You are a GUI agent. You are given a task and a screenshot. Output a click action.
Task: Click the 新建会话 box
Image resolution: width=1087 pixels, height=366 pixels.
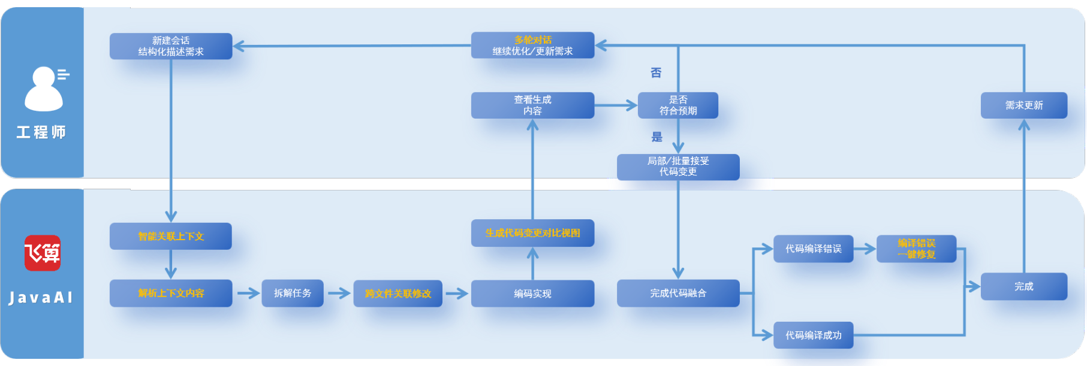pos(171,46)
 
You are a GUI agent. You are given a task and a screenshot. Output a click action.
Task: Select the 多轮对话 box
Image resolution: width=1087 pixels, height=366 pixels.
pos(532,46)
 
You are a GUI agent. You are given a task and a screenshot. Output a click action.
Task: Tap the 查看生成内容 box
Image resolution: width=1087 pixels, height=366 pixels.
pos(532,105)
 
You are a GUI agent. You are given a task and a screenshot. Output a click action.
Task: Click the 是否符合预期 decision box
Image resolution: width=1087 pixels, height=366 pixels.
pos(678,105)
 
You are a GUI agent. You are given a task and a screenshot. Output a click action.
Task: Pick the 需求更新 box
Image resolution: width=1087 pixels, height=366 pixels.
pos(1024,105)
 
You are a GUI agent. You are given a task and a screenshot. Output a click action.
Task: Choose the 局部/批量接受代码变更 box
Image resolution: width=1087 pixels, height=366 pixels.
pos(678,167)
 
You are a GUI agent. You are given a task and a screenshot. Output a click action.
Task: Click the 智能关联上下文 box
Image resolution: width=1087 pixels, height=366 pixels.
pos(171,236)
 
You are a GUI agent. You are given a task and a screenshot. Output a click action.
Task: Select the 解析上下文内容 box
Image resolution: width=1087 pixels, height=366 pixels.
pos(171,294)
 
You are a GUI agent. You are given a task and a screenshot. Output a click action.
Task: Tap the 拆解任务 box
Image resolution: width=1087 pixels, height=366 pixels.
pos(293,294)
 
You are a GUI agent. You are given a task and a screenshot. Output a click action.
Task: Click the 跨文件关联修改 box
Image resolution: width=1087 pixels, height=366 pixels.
pos(398,294)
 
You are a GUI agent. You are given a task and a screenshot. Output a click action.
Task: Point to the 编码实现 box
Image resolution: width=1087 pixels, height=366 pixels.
pos(532,294)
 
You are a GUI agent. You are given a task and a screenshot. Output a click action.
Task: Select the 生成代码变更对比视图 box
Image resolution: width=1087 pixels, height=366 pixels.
pos(532,233)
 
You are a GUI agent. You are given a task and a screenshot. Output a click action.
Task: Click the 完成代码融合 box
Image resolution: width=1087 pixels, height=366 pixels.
pos(678,294)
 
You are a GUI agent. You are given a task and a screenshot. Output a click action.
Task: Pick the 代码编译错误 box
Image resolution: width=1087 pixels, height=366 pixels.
pos(814,249)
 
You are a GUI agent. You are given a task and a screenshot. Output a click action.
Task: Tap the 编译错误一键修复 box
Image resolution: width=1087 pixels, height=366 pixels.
pos(916,249)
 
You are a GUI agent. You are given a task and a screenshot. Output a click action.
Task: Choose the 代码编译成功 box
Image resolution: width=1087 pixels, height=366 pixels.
pos(814,335)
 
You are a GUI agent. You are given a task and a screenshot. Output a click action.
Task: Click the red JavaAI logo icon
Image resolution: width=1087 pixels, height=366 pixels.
pos(42,253)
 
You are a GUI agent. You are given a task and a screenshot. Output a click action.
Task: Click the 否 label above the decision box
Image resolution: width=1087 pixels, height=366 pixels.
pos(656,72)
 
